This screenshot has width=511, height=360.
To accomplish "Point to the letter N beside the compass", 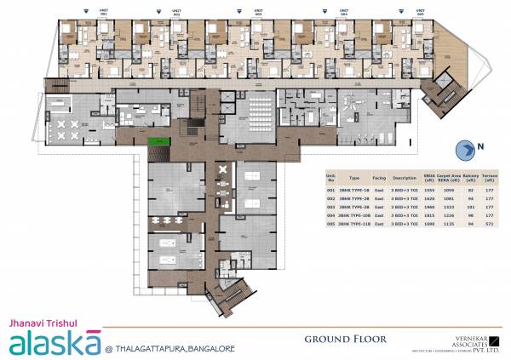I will (481, 146).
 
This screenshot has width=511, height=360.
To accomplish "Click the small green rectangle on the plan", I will (157, 141).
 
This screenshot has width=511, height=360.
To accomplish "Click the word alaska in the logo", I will (55, 342).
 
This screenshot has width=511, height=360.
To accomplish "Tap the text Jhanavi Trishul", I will (39, 323).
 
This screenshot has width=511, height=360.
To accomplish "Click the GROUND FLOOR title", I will (345, 339).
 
